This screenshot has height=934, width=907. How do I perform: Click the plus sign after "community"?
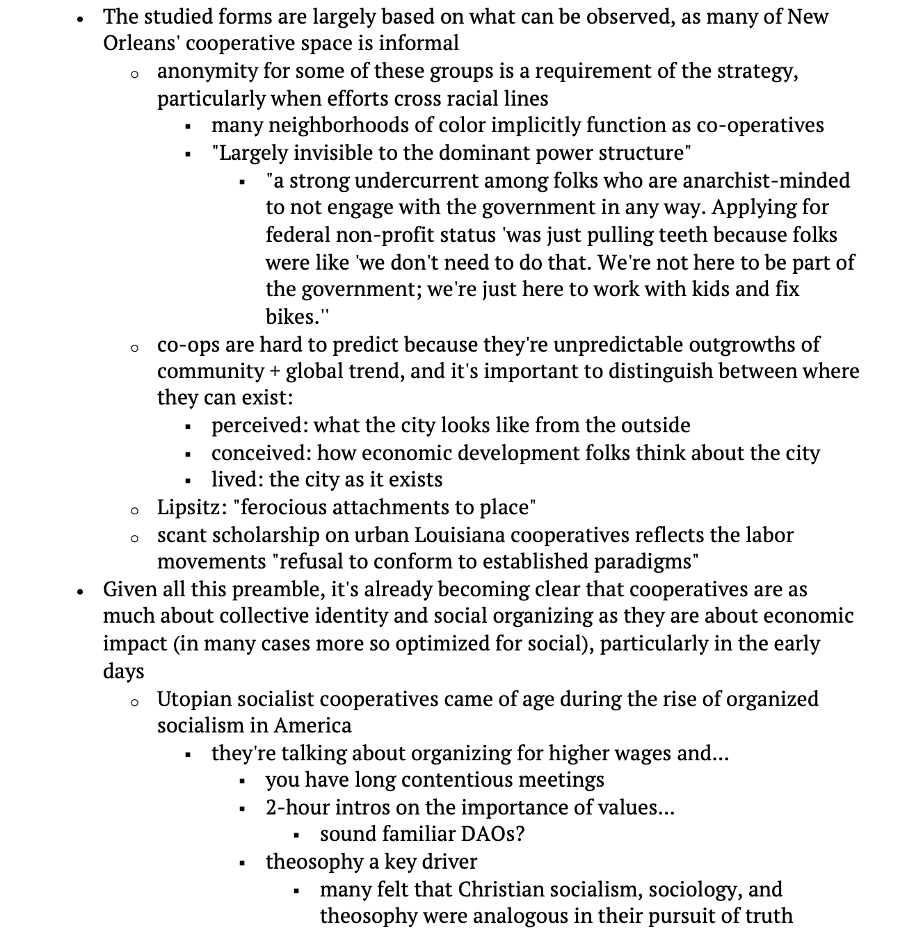(275, 371)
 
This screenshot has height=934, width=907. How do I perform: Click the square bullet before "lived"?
(188, 481)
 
